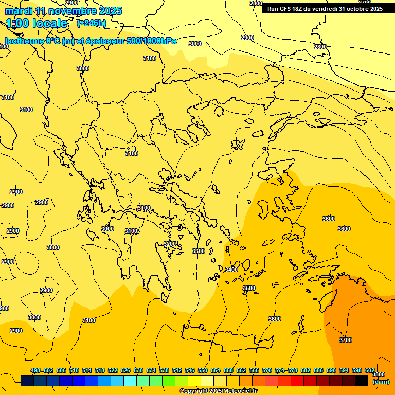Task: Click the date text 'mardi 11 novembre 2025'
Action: pyautogui.click(x=64, y=11)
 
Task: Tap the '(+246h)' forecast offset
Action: pyautogui.click(x=92, y=23)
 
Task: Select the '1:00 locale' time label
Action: pyautogui.click(x=37, y=23)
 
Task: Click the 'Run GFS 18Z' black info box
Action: pyautogui.click(x=325, y=8)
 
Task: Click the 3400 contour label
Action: pyautogui.click(x=231, y=270)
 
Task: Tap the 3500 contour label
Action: pyautogui.click(x=249, y=288)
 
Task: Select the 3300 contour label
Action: pyautogui.click(x=198, y=251)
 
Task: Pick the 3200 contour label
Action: pyautogui.click(x=170, y=244)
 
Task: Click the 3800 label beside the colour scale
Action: pyautogui.click(x=378, y=374)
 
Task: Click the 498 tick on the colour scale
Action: pyautogui.click(x=35, y=370)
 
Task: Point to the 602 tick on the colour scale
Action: pyautogui.click(x=370, y=370)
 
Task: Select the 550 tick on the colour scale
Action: pyautogui.click(x=203, y=370)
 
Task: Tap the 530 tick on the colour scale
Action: pyautogui.click(x=138, y=370)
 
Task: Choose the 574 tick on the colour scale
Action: pyautogui.click(x=280, y=370)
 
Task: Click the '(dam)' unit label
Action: pyautogui.click(x=381, y=382)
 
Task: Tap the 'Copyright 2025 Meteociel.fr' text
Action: pyautogui.click(x=219, y=391)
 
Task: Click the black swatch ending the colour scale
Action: pyautogui.click(x=362, y=381)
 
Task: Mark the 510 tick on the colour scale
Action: pyautogui.click(x=74, y=370)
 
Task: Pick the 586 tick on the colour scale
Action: pyautogui.click(x=318, y=370)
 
